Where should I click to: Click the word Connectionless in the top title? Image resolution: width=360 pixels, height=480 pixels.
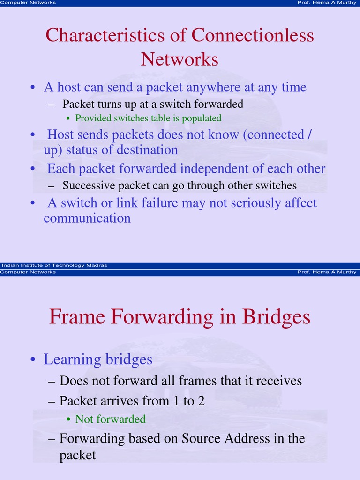tap(253, 36)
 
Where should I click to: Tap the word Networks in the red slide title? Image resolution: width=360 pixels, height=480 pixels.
tap(180, 60)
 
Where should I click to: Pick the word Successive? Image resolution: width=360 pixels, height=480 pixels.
tap(89, 186)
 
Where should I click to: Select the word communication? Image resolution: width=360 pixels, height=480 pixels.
tap(87, 218)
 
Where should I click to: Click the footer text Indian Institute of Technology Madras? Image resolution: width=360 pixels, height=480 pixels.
tap(54, 265)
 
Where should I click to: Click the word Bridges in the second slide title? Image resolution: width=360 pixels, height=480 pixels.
tap(277, 317)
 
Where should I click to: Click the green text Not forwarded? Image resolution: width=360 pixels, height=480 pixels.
tap(111, 419)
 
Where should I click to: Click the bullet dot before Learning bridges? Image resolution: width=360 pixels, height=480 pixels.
tap(33, 360)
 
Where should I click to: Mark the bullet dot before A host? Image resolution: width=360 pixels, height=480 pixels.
tap(33, 88)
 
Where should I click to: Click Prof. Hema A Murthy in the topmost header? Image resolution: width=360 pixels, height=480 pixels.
tap(327, 3)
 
